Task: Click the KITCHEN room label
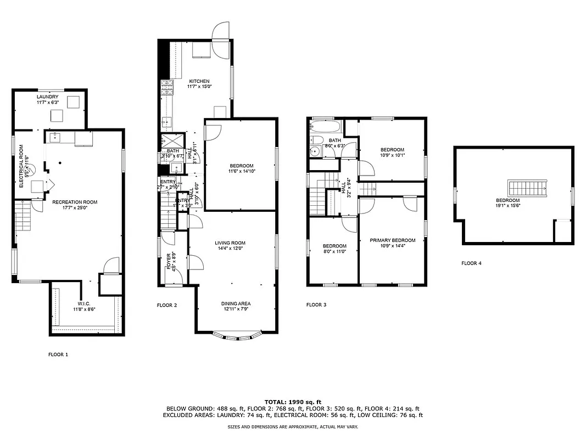[184, 81]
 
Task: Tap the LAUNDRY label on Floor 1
[48, 97]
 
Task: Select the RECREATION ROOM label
[75, 202]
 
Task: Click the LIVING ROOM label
[230, 243]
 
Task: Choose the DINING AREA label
[236, 303]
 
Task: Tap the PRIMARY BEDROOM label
[392, 240]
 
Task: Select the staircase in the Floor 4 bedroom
[528, 188]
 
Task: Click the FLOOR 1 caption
[58, 354]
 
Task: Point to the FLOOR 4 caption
[471, 263]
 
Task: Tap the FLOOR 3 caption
[316, 305]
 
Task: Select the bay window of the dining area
[237, 336]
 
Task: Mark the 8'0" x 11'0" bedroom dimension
[334, 251]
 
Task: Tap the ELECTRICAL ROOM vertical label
[21, 166]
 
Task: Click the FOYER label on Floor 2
[169, 262]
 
